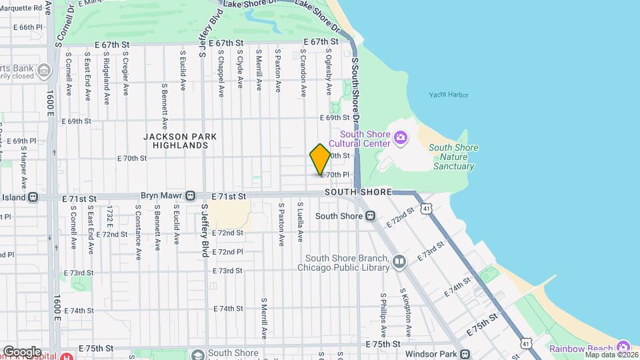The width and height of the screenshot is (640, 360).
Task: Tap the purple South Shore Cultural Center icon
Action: (400, 138)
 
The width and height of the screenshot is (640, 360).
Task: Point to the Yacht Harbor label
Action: (449, 95)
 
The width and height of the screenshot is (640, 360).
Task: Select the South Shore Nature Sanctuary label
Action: (451, 157)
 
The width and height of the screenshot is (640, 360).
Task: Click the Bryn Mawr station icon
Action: (190, 197)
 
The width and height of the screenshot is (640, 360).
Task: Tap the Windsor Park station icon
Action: (465, 353)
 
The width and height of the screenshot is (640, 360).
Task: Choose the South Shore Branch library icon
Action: (399, 262)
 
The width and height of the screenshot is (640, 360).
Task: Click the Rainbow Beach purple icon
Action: (623, 347)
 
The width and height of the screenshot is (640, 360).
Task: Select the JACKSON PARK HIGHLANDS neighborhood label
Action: (180, 141)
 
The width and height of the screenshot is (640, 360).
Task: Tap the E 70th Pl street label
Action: (335, 175)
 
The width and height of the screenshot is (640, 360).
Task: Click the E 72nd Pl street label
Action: (227, 252)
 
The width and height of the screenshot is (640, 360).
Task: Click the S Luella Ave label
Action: (301, 222)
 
